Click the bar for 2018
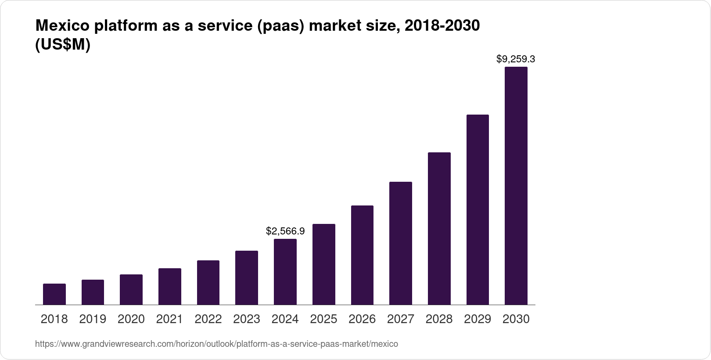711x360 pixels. point(54,294)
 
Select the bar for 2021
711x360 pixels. point(170,286)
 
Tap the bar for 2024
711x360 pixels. point(285,272)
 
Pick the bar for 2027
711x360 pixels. point(401,243)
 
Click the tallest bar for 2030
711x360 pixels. point(516,186)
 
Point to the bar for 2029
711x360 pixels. point(478,209)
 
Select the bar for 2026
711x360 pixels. point(362,255)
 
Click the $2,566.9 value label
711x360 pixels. point(285,231)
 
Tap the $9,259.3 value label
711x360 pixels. point(516,59)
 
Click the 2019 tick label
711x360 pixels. point(93,319)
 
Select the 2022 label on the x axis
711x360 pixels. point(208,319)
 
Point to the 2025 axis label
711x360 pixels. point(323,319)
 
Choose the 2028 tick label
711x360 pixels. point(439,319)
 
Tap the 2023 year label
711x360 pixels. point(247,319)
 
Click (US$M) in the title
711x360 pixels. point(62,45)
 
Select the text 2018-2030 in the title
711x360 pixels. point(442,26)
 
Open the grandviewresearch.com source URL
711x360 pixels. point(216,344)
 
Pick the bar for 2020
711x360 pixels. point(131,289)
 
